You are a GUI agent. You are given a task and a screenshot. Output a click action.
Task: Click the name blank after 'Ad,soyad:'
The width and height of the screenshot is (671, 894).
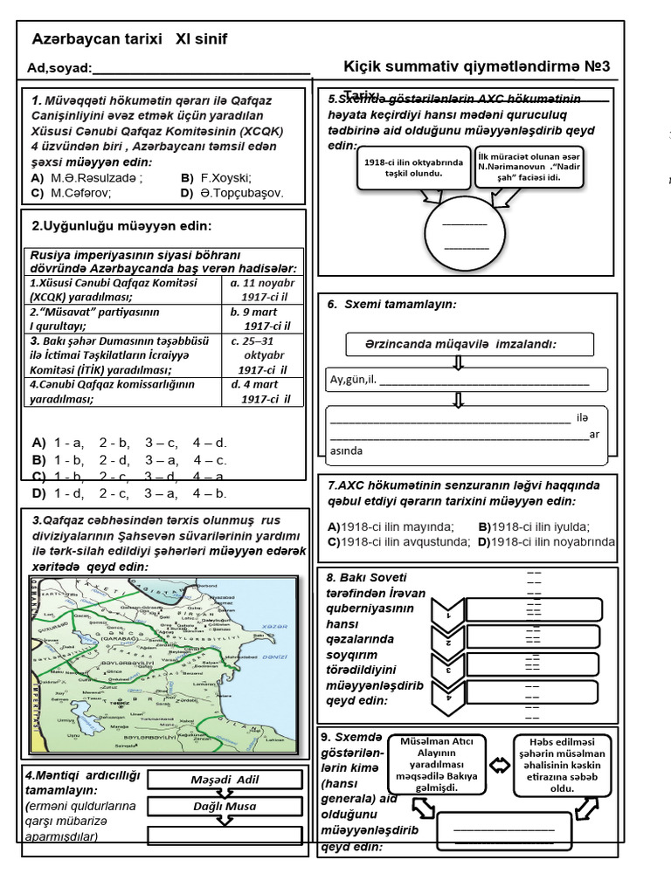click(x=200, y=69)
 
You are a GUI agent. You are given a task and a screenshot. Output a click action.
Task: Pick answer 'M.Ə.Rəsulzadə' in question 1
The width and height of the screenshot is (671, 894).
click(x=97, y=177)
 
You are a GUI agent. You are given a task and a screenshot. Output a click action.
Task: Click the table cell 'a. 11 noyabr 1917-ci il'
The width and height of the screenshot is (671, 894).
click(x=261, y=290)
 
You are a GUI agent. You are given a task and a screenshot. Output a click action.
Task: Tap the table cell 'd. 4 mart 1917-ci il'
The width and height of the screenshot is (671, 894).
click(x=261, y=392)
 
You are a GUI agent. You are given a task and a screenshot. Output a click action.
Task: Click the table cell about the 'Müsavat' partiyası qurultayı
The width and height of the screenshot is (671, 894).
click(x=122, y=319)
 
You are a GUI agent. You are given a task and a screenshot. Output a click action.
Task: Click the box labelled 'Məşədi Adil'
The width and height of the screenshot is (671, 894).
click(x=225, y=780)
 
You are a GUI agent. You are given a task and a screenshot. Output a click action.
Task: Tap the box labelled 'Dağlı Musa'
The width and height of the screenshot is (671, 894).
click(x=225, y=806)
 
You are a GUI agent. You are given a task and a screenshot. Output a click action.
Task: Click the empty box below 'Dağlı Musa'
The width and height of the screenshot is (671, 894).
click(x=225, y=836)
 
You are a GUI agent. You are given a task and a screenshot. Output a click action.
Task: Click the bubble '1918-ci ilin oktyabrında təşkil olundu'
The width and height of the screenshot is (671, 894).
click(x=414, y=168)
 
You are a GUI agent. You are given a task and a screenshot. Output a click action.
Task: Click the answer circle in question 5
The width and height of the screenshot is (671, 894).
click(x=465, y=234)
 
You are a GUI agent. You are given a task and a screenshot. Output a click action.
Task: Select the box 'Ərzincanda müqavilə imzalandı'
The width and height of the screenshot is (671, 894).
click(x=469, y=344)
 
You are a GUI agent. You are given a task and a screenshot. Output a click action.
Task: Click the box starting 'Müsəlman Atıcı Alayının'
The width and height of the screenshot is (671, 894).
click(x=436, y=765)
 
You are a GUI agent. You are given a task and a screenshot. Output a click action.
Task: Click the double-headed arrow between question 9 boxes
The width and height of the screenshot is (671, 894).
click(x=500, y=766)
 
